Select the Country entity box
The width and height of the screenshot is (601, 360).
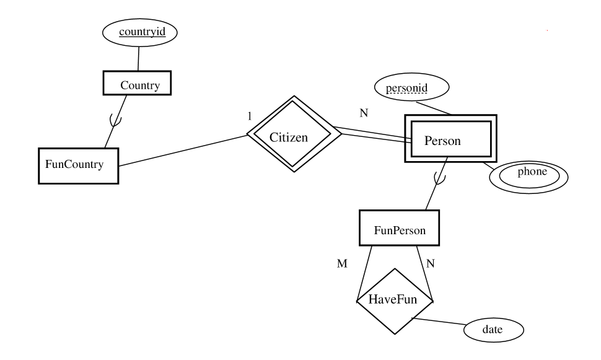tap(136, 85)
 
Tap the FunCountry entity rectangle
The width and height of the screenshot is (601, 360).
tap(78, 165)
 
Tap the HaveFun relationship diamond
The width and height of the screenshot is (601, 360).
tap(394, 301)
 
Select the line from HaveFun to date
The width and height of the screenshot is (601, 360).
tap(440, 323)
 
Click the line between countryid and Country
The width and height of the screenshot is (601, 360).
tap(138, 58)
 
